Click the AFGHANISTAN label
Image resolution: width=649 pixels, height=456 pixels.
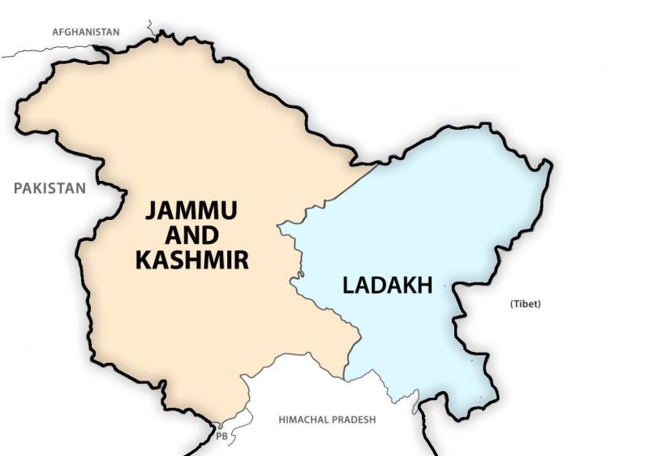[85, 32]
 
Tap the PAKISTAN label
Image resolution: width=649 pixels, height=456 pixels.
[49, 188]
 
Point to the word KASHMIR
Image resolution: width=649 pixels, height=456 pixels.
[192, 260]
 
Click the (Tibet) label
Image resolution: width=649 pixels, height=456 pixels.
[525, 304]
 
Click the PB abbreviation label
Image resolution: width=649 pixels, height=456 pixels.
[221, 436]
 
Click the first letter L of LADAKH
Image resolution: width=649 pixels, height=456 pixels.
[346, 286]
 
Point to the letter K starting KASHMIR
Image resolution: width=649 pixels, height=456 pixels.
[144, 260]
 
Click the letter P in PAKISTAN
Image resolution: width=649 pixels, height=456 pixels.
[18, 188]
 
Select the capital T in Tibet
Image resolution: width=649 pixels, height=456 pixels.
[517, 304]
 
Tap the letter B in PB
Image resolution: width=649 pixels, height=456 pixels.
[225, 436]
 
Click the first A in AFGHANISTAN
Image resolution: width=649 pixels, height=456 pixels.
[55, 32]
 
